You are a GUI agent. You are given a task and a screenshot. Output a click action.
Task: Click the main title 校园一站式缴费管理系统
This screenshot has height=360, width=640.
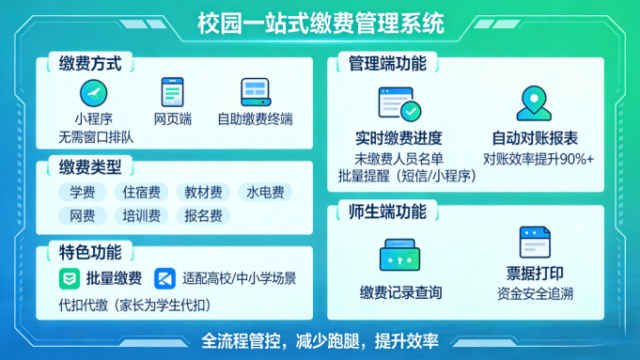point(320,23)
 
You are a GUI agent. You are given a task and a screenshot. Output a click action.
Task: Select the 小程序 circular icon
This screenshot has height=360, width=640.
point(93,93)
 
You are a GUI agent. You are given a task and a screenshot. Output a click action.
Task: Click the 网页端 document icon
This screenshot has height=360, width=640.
point(172,92)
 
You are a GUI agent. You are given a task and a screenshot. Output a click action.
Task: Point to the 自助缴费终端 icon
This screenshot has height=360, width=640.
point(255,92)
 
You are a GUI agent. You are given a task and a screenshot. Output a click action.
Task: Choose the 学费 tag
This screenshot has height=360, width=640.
point(82,193)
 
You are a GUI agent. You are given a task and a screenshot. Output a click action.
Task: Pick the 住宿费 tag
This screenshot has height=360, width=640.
point(141,193)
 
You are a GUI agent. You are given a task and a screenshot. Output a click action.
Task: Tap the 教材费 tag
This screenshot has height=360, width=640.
point(203,193)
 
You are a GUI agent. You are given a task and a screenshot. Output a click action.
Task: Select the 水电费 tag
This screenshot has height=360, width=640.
point(264,193)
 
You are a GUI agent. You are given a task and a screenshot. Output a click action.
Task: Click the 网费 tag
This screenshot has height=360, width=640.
point(82,216)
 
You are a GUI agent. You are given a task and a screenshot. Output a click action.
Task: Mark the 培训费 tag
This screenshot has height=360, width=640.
point(141,216)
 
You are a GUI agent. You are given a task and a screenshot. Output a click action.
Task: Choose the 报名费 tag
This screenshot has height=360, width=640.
point(203,216)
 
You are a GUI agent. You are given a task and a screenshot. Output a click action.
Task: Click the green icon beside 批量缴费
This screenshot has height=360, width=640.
point(70,278)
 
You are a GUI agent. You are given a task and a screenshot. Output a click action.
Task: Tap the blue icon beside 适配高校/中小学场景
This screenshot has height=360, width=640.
point(165,278)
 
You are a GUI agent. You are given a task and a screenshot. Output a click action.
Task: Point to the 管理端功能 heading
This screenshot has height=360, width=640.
point(387,64)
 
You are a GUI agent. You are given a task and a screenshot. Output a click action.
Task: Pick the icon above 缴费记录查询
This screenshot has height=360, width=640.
point(399,256)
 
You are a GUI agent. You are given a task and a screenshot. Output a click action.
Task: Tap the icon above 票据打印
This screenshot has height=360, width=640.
point(534,243)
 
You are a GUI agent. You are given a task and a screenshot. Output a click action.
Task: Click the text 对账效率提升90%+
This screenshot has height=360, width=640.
point(539,158)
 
